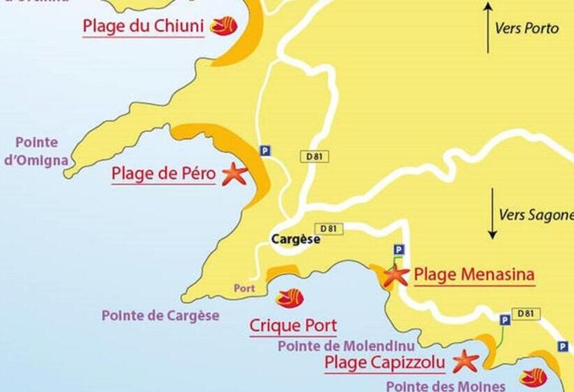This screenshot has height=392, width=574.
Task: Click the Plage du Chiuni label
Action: click(143, 27)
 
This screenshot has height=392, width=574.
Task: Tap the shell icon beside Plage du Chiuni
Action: click(224, 26)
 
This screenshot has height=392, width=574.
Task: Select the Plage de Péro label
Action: click(163, 174)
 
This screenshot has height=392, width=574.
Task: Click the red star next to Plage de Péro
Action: click(234, 174)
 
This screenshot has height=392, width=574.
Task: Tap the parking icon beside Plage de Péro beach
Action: click(264, 150)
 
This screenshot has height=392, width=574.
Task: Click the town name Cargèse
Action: click(295, 239)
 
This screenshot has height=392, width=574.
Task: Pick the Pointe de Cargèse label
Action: click(160, 315)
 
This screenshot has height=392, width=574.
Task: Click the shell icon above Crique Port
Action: click(289, 298)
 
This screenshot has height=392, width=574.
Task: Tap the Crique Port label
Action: click(293, 325)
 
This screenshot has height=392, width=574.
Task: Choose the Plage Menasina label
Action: click(475, 274)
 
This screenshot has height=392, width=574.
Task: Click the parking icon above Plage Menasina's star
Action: click(398, 249)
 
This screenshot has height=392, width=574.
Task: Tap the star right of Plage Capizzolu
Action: click(465, 361)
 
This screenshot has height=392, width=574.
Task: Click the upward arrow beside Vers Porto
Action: click(489, 27)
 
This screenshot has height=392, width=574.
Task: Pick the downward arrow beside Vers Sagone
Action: click(493, 213)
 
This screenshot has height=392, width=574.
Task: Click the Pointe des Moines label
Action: click(446, 386)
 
